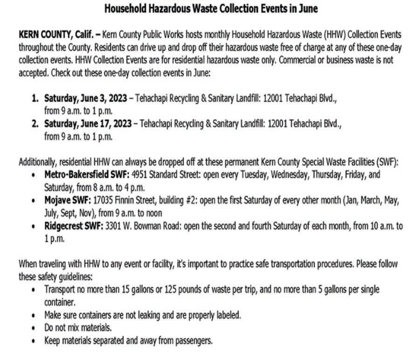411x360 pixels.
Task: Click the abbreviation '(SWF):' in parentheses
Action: coord(388,163)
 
